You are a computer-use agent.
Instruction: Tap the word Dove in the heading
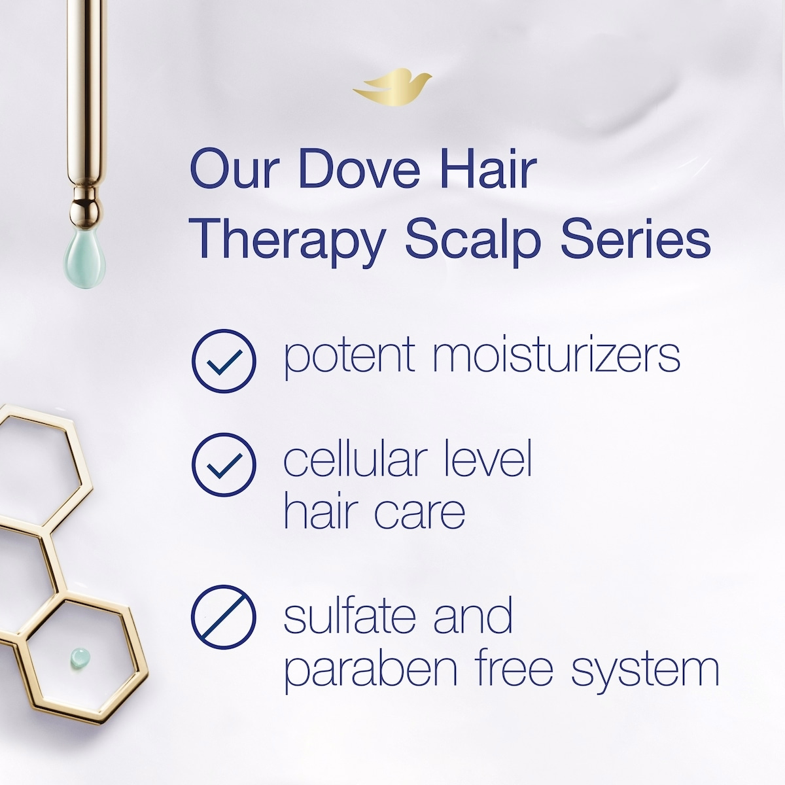[359, 168]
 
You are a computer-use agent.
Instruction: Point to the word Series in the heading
[636, 239]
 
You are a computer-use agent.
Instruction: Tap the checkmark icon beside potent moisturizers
[224, 361]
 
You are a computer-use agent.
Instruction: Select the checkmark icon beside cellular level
[224, 464]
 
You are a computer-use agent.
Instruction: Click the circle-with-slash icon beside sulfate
[224, 617]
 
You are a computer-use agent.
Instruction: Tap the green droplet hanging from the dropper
[84, 258]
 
